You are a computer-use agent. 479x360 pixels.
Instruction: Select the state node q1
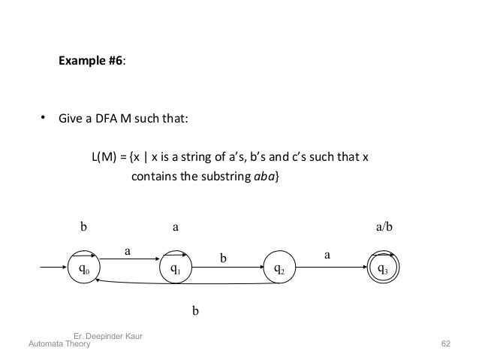point(175,268)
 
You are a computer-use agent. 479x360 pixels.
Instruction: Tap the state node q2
point(277,268)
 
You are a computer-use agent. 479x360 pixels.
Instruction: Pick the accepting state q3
point(382,268)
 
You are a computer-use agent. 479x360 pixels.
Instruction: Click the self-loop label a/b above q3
point(384,225)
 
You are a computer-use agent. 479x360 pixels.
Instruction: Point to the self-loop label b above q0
point(84,225)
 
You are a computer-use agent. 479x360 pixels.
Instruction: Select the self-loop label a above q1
point(176,225)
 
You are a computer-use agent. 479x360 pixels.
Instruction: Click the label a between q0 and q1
point(127,253)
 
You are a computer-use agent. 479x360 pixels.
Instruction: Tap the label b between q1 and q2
point(222,259)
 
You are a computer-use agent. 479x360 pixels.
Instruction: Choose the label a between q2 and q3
point(327,255)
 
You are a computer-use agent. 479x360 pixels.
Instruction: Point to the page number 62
point(446,343)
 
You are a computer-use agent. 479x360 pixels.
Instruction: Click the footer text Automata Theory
point(59,343)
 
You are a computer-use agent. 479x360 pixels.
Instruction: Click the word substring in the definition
point(221,177)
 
